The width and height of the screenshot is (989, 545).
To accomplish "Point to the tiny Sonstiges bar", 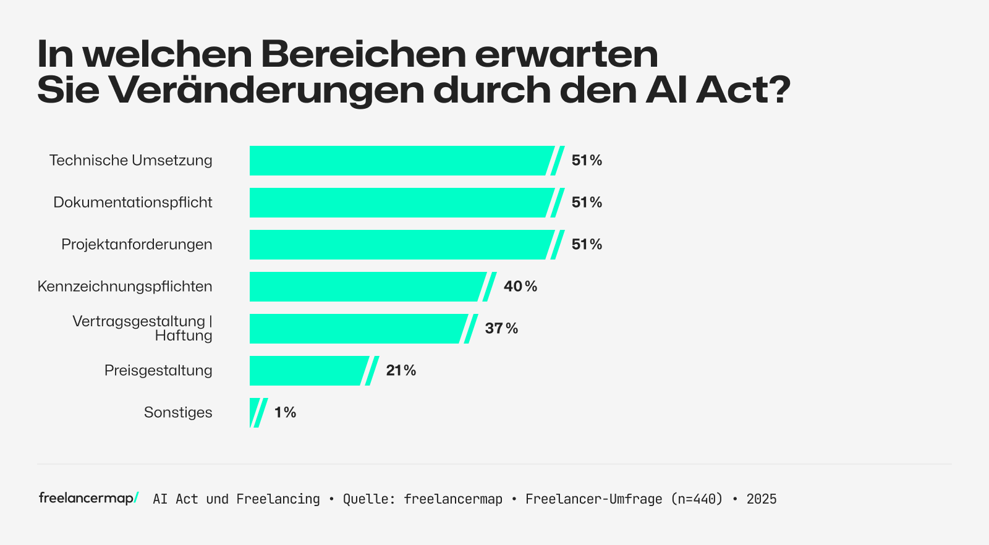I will tap(254, 413).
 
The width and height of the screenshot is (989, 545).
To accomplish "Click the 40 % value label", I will tap(520, 287).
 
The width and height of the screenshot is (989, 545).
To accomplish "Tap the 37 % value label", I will tap(501, 329).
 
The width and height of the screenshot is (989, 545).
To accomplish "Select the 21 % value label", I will tap(401, 371).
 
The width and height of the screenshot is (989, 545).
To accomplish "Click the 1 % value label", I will tap(285, 413).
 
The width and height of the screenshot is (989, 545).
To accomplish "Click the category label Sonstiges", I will tap(178, 413).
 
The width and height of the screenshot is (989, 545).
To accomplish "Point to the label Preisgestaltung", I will tap(158, 371).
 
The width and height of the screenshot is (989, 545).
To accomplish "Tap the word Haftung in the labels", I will tap(184, 336).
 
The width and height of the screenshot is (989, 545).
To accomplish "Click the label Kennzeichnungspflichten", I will tap(125, 287).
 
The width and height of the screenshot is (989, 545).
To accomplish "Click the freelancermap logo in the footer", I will tap(88, 498).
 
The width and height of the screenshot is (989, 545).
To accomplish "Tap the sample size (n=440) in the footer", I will tap(697, 499).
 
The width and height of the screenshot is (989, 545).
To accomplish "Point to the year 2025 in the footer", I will tap(762, 499).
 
